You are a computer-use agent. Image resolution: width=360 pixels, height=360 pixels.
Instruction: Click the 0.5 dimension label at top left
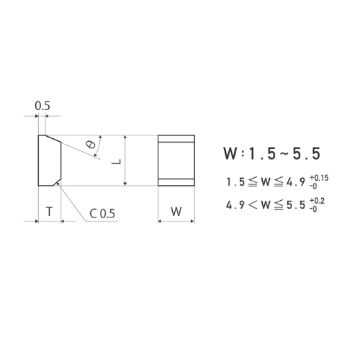[42, 106]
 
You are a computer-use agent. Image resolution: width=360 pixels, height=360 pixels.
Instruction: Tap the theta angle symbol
[90, 144]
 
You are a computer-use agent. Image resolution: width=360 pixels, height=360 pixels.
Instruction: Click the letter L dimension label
[115, 161]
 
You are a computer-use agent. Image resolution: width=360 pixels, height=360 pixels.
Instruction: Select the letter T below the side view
[48, 212]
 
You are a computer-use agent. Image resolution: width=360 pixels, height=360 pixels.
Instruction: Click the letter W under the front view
[176, 212]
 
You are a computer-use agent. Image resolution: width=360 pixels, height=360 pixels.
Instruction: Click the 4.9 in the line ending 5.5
[234, 204]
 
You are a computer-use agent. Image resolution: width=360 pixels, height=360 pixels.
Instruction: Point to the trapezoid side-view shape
[48, 160]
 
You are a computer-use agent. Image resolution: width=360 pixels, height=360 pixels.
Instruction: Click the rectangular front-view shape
[176, 160]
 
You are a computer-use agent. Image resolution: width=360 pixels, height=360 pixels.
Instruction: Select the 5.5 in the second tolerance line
[295, 204]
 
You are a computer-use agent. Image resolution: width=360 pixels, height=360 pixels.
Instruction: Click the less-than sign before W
[252, 204]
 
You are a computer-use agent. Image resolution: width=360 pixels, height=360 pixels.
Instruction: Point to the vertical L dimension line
[126, 160]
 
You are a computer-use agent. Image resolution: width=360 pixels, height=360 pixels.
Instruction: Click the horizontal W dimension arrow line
[176, 221]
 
